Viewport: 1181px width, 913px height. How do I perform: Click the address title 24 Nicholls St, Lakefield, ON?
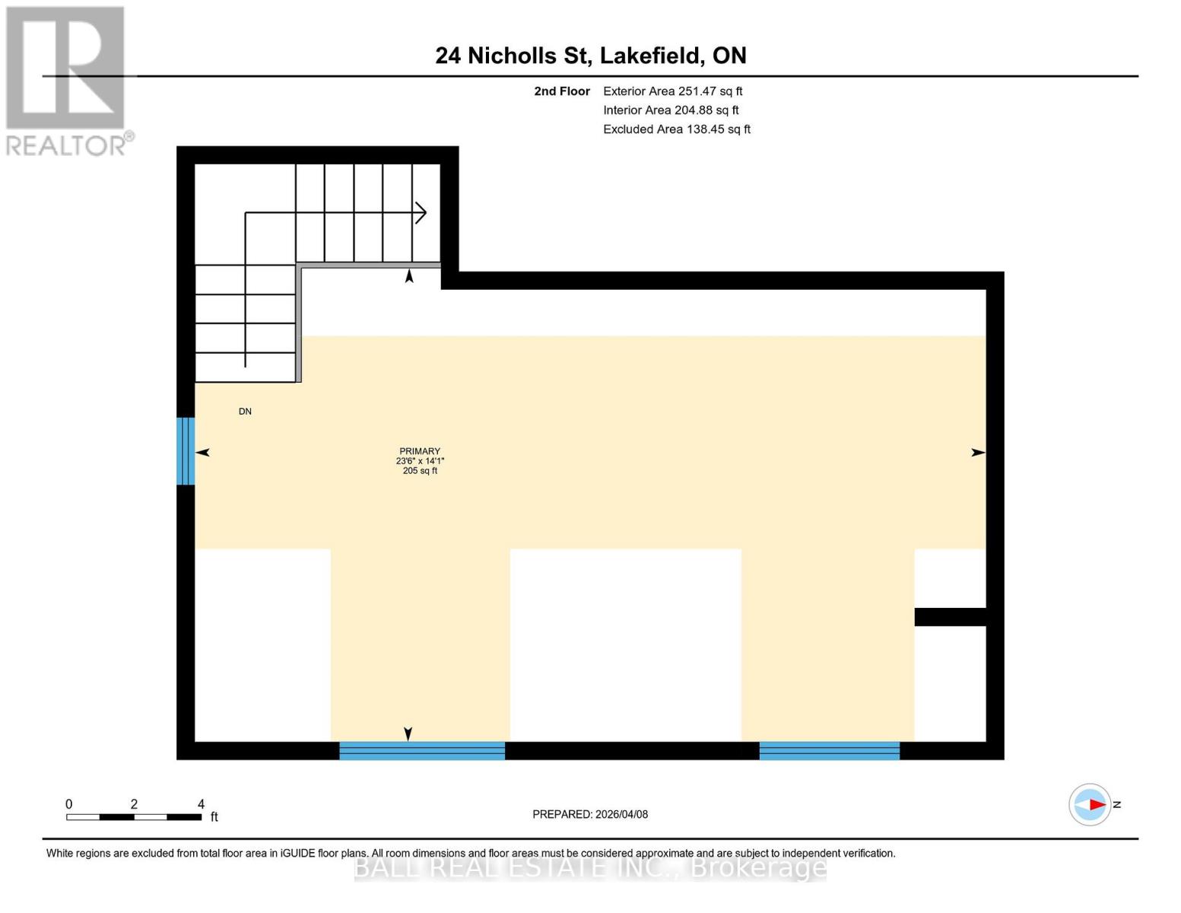click(x=590, y=56)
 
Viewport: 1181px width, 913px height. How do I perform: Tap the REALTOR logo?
click(x=67, y=80)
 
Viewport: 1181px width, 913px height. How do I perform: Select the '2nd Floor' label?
click(x=561, y=91)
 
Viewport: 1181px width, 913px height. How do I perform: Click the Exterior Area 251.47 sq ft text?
click(x=672, y=91)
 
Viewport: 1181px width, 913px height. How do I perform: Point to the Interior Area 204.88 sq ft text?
click(x=671, y=110)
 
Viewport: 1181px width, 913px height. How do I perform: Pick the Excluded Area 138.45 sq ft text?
click(x=676, y=129)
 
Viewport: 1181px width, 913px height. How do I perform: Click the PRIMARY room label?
click(x=420, y=451)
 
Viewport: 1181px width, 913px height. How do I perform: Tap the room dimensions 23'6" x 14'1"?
click(x=420, y=461)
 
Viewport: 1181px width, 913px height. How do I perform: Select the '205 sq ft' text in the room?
click(x=420, y=471)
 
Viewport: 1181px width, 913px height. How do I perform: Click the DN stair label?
click(x=245, y=412)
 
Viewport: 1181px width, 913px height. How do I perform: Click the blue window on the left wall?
click(x=186, y=450)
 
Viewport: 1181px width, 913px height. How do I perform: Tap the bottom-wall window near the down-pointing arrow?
click(x=421, y=751)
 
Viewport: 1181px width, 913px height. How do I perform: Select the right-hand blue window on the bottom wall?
click(x=829, y=751)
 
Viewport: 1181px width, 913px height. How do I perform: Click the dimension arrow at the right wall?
click(x=978, y=453)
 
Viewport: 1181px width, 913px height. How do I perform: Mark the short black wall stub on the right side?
click(x=950, y=617)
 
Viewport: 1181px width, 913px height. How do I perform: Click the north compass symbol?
click(x=1090, y=804)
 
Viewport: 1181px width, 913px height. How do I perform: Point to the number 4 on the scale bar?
click(x=201, y=804)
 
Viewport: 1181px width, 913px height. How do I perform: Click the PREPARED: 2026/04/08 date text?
click(x=590, y=814)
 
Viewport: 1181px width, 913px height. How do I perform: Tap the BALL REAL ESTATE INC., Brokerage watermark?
click(x=590, y=867)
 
